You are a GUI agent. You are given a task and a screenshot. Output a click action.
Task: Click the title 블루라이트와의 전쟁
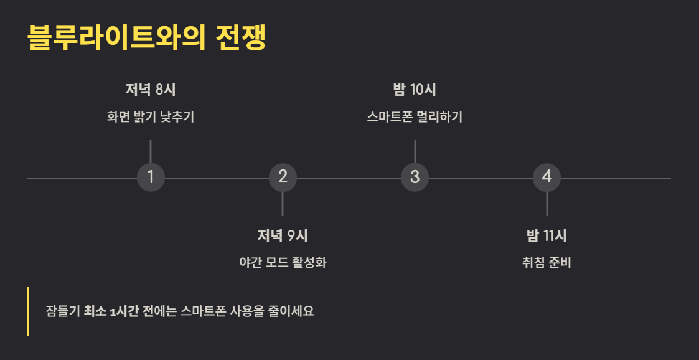click(147, 39)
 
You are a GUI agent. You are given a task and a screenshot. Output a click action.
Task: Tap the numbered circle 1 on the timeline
click(151, 177)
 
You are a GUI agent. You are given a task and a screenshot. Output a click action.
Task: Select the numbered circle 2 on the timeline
click(283, 177)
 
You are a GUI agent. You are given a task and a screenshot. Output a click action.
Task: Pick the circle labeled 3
click(415, 177)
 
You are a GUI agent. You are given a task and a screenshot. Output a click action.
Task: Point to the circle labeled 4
click(547, 177)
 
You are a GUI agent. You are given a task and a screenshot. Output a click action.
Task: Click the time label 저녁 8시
click(151, 89)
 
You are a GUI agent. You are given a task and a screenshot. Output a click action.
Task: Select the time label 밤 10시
click(415, 89)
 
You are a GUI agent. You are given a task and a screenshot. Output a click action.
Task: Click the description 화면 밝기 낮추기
click(151, 116)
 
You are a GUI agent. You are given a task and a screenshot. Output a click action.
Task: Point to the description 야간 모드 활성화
click(283, 262)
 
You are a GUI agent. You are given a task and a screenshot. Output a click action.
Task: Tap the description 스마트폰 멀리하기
click(415, 116)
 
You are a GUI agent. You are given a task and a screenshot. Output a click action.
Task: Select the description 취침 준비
click(547, 262)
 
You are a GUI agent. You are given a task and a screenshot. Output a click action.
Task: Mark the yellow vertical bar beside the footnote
click(27, 311)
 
